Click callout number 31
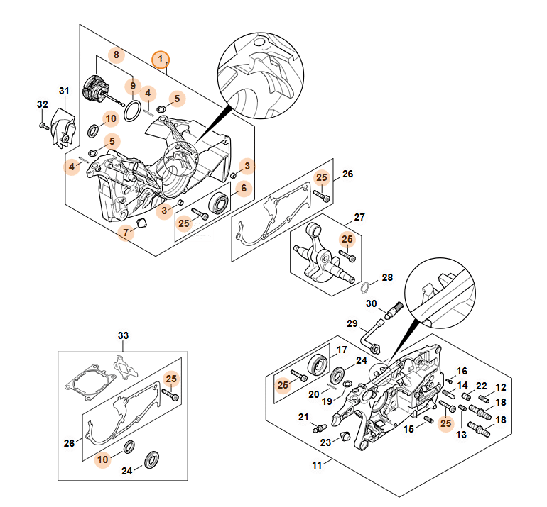tap(64, 91)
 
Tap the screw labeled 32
tap(44, 126)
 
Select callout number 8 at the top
tap(117, 55)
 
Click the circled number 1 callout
tap(161, 60)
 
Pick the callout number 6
tap(244, 188)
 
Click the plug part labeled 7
tap(141, 223)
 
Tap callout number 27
tap(359, 217)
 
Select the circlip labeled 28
tap(364, 288)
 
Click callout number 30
tap(371, 303)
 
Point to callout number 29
tap(352, 323)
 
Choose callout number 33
tap(123, 335)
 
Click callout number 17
tap(342, 350)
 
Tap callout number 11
tap(317, 465)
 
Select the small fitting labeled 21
tap(319, 428)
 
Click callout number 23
tap(325, 442)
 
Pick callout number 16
tap(462, 371)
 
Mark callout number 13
tap(461, 435)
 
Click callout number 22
tap(482, 386)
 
